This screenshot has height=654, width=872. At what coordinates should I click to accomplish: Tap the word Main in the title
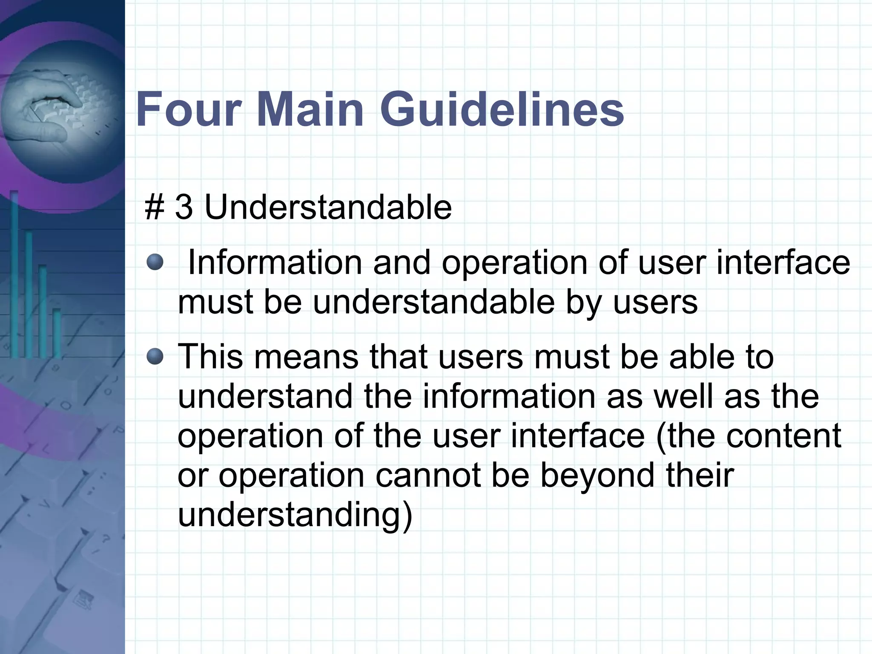pyautogui.click(x=310, y=109)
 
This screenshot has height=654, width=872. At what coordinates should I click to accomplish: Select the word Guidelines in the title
pyautogui.click(x=502, y=109)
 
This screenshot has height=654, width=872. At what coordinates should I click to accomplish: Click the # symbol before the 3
pyautogui.click(x=154, y=207)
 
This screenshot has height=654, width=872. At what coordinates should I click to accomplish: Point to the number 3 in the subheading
pyautogui.click(x=184, y=207)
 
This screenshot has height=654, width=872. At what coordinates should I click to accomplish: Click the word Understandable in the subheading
pyautogui.click(x=328, y=207)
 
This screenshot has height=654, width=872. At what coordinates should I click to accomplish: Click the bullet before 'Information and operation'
pyautogui.click(x=155, y=262)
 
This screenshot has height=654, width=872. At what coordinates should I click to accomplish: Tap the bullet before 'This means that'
pyautogui.click(x=155, y=357)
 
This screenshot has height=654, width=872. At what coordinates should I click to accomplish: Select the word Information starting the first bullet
pyautogui.click(x=275, y=262)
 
